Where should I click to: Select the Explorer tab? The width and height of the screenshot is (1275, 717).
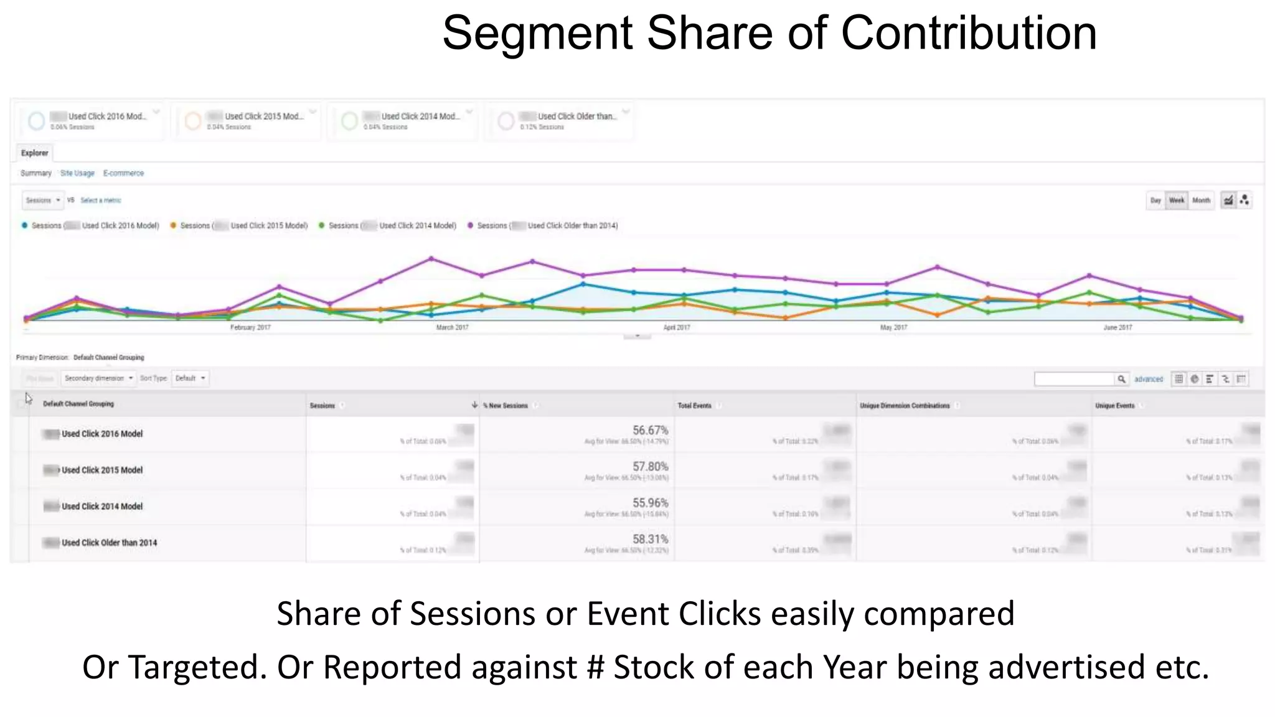(34, 153)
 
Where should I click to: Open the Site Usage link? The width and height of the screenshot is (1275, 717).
(77, 173)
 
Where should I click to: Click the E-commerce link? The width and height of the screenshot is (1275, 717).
(123, 173)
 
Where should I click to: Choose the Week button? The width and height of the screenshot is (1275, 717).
(1176, 200)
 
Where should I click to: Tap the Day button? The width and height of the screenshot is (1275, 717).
(1155, 200)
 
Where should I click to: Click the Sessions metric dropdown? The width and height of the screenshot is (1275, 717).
(42, 200)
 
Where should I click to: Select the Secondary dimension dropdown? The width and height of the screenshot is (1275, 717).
(98, 378)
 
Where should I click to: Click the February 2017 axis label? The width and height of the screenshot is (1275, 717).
(250, 327)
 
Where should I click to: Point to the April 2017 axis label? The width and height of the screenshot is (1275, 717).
(676, 327)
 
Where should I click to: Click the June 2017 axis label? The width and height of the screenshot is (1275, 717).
(1117, 327)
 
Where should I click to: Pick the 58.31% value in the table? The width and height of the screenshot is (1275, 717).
(650, 539)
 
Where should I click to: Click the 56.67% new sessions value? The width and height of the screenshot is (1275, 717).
(650, 430)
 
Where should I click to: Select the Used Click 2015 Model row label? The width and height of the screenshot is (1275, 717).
(102, 470)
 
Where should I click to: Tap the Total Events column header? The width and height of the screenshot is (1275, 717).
(694, 406)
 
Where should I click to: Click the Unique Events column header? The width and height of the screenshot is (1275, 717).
(1114, 406)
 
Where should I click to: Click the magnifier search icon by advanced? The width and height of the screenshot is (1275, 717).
(1121, 379)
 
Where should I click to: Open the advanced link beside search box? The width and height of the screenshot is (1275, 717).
(1148, 379)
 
